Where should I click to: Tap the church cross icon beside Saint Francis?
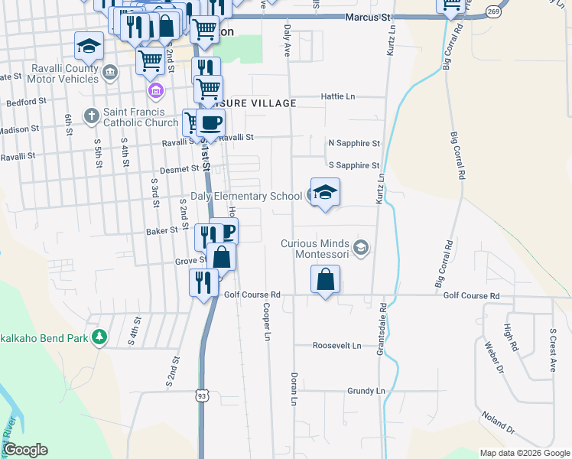click(91, 116)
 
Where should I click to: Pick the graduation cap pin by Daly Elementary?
click(325, 193)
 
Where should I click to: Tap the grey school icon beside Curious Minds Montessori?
click(362, 247)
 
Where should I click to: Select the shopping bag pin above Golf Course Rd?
click(326, 279)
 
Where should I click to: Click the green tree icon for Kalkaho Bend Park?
click(99, 337)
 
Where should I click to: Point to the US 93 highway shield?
click(201, 396)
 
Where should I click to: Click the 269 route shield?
click(493, 12)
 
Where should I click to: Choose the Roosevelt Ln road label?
click(336, 346)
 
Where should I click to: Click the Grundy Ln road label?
click(366, 391)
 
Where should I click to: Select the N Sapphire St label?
click(353, 143)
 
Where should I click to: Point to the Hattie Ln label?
click(340, 96)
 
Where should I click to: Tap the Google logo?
click(25, 450)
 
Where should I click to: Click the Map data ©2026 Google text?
click(524, 453)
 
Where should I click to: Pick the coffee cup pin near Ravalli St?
click(210, 122)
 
